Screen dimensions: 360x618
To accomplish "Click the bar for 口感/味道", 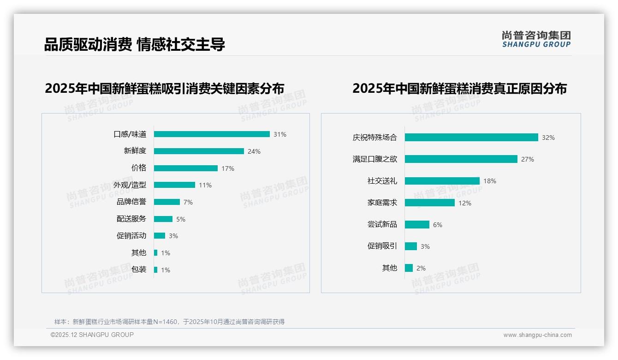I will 212,134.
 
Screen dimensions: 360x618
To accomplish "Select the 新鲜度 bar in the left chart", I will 199,151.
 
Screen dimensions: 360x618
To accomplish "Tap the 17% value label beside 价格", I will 228,168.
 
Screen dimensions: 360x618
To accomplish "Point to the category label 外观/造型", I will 130,185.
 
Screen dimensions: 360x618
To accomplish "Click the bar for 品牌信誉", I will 167,202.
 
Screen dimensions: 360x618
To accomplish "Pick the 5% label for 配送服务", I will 181,219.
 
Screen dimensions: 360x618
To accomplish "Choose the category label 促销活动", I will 131,236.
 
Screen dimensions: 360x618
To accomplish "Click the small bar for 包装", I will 156,270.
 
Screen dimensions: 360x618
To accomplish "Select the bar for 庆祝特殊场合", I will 471,138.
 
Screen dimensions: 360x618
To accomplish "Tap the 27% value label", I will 528,159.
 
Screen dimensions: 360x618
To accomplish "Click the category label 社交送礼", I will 382,181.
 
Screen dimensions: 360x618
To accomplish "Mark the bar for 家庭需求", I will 430,203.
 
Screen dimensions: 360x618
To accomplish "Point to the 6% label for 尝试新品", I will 438,225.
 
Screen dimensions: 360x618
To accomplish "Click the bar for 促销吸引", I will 411,246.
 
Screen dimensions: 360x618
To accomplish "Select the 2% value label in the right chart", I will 421,268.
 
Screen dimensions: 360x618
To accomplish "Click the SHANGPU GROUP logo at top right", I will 536,39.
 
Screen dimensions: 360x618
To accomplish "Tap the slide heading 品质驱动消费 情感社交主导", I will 135,45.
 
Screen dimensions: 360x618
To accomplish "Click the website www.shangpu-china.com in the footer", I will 537,335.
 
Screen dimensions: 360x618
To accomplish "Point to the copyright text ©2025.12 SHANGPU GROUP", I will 92,335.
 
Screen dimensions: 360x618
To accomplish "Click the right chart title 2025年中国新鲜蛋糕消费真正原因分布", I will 459,89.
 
